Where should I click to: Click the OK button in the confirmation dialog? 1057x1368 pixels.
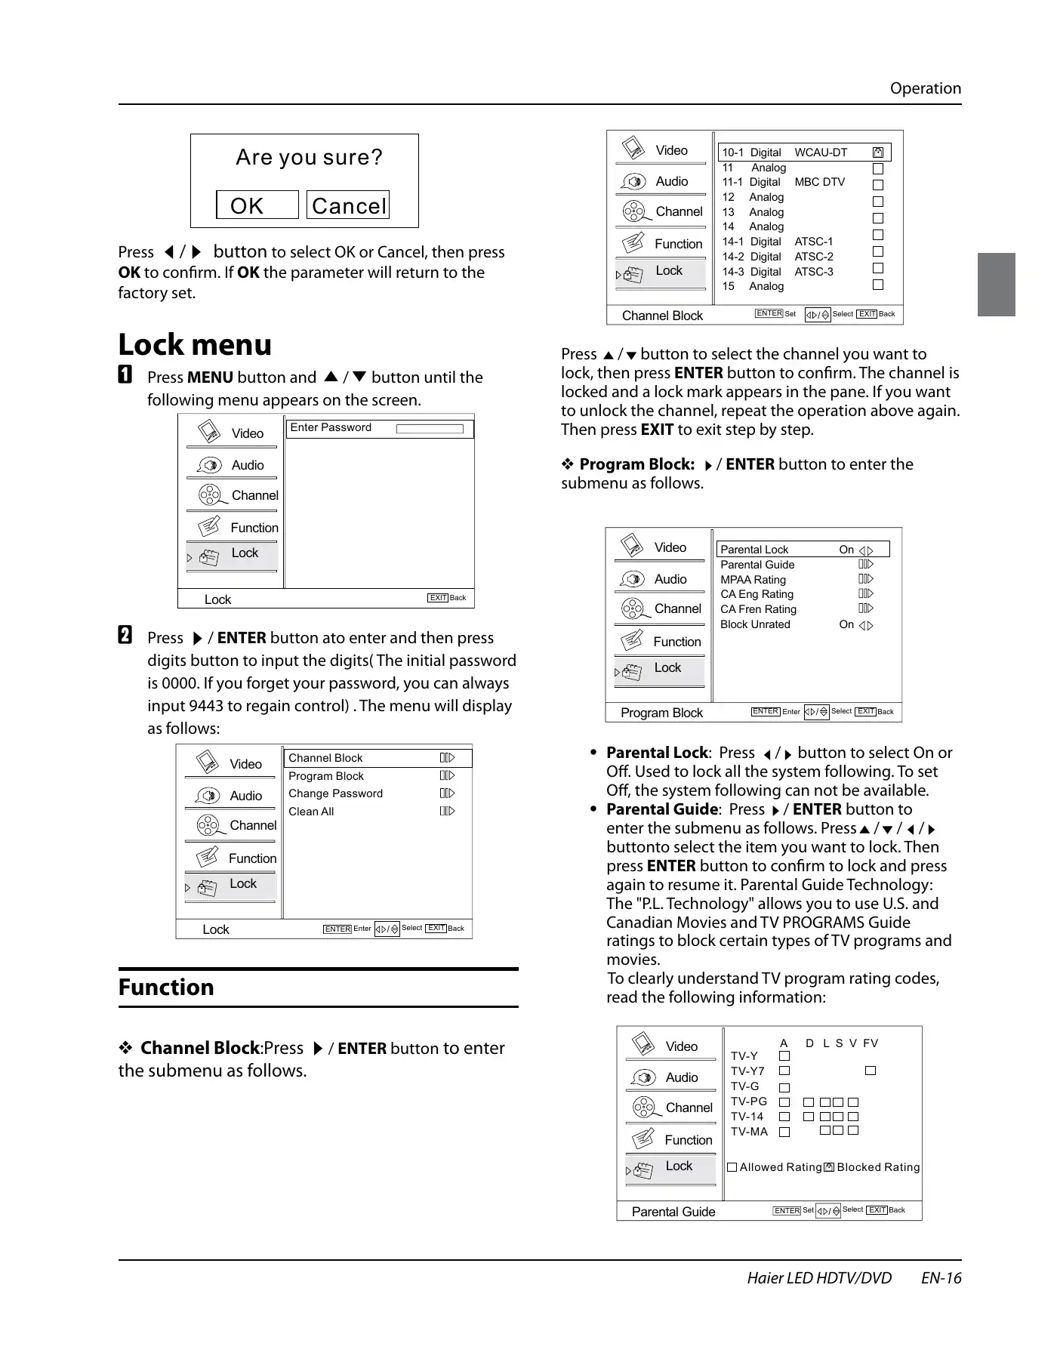pyautogui.click(x=257, y=205)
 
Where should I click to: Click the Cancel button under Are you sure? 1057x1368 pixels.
pyautogui.click(x=348, y=205)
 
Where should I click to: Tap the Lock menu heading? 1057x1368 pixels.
pyautogui.click(x=195, y=344)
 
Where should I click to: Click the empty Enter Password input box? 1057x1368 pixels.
pyautogui.click(x=430, y=429)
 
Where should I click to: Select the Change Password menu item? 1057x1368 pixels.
pyautogui.click(x=335, y=793)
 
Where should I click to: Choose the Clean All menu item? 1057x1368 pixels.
pyautogui.click(x=311, y=812)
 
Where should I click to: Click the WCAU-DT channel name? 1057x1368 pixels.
pyautogui.click(x=821, y=153)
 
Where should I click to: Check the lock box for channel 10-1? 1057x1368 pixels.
pyautogui.click(x=878, y=153)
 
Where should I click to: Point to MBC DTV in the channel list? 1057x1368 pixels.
pyautogui.click(x=819, y=182)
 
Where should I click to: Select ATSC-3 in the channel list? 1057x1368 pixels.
pyautogui.click(x=814, y=272)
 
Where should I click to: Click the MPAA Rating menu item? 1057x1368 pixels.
pyautogui.click(x=753, y=580)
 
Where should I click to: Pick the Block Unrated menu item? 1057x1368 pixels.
pyautogui.click(x=755, y=624)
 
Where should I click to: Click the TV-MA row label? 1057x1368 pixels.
pyautogui.click(x=749, y=1132)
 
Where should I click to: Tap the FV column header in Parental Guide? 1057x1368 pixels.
pyautogui.click(x=871, y=1043)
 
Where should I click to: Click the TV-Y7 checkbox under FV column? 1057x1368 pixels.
pyautogui.click(x=871, y=1071)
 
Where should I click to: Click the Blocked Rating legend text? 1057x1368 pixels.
pyautogui.click(x=878, y=1167)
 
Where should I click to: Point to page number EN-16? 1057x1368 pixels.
pyautogui.click(x=941, y=1278)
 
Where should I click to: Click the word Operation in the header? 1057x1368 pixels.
pyautogui.click(x=925, y=88)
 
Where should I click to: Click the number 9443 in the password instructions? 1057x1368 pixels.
pyautogui.click(x=205, y=706)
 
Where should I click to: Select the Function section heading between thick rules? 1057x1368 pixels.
pyautogui.click(x=166, y=987)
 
